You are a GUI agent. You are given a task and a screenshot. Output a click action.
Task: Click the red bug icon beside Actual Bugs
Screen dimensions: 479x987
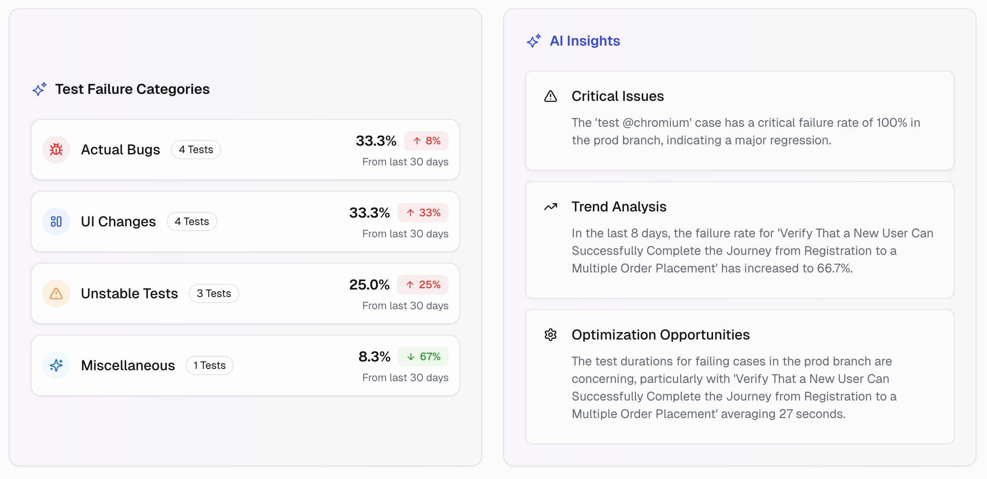(56, 150)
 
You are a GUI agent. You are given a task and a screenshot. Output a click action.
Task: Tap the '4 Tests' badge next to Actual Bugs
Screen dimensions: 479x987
(196, 150)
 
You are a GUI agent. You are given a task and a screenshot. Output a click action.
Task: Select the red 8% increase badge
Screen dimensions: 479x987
(426, 141)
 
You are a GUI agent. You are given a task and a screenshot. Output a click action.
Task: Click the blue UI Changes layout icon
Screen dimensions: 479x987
(56, 222)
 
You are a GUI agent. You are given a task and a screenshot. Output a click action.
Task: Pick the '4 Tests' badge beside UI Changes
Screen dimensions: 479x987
(192, 222)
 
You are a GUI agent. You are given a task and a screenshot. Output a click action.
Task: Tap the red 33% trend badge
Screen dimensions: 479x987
(423, 213)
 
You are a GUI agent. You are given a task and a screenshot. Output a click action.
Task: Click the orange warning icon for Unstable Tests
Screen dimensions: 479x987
(56, 293)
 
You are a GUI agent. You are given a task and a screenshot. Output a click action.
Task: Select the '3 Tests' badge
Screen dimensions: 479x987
(214, 293)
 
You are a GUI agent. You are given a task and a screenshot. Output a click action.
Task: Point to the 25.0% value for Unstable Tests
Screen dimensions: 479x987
(369, 285)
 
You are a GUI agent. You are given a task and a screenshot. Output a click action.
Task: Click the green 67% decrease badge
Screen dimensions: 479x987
(423, 357)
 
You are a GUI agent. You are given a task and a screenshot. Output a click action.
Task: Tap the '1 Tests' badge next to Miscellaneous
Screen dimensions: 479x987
(209, 365)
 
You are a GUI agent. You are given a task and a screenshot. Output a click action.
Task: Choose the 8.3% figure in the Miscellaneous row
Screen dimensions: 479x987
(374, 357)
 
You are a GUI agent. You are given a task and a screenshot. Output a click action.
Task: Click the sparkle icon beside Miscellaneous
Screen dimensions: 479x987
(56, 365)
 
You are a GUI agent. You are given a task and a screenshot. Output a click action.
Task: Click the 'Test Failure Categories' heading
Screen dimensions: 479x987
(132, 89)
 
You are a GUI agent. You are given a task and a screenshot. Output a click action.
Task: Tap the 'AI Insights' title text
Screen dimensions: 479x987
(585, 41)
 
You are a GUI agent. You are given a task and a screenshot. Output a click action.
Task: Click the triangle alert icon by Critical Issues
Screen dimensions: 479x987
(551, 96)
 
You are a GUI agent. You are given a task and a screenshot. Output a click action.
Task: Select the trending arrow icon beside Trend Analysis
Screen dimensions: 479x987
(551, 207)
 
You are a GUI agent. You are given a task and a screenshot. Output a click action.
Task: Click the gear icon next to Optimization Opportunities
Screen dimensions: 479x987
(551, 335)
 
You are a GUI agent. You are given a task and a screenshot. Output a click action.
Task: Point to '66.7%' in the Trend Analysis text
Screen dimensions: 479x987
(834, 268)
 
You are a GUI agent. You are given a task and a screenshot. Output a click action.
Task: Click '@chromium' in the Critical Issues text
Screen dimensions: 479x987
(657, 122)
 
